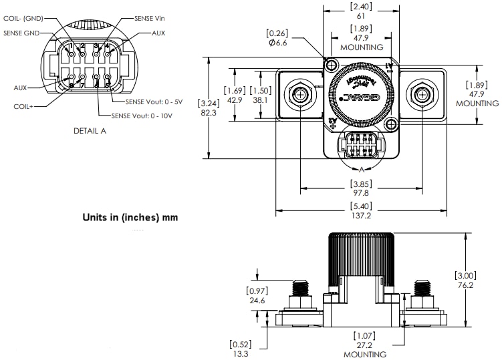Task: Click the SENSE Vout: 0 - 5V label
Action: [x=155, y=102]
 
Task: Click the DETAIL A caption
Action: [x=90, y=131]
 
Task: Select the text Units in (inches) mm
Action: [x=130, y=217]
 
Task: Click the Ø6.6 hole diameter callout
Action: [x=277, y=38]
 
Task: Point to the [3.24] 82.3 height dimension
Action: [x=209, y=108]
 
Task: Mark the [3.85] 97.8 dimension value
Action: [x=361, y=188]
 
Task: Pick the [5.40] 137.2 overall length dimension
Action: [x=361, y=210]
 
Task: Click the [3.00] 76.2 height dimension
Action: [x=465, y=280]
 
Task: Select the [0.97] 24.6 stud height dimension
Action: [x=257, y=296]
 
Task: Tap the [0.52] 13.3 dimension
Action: [x=240, y=349]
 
